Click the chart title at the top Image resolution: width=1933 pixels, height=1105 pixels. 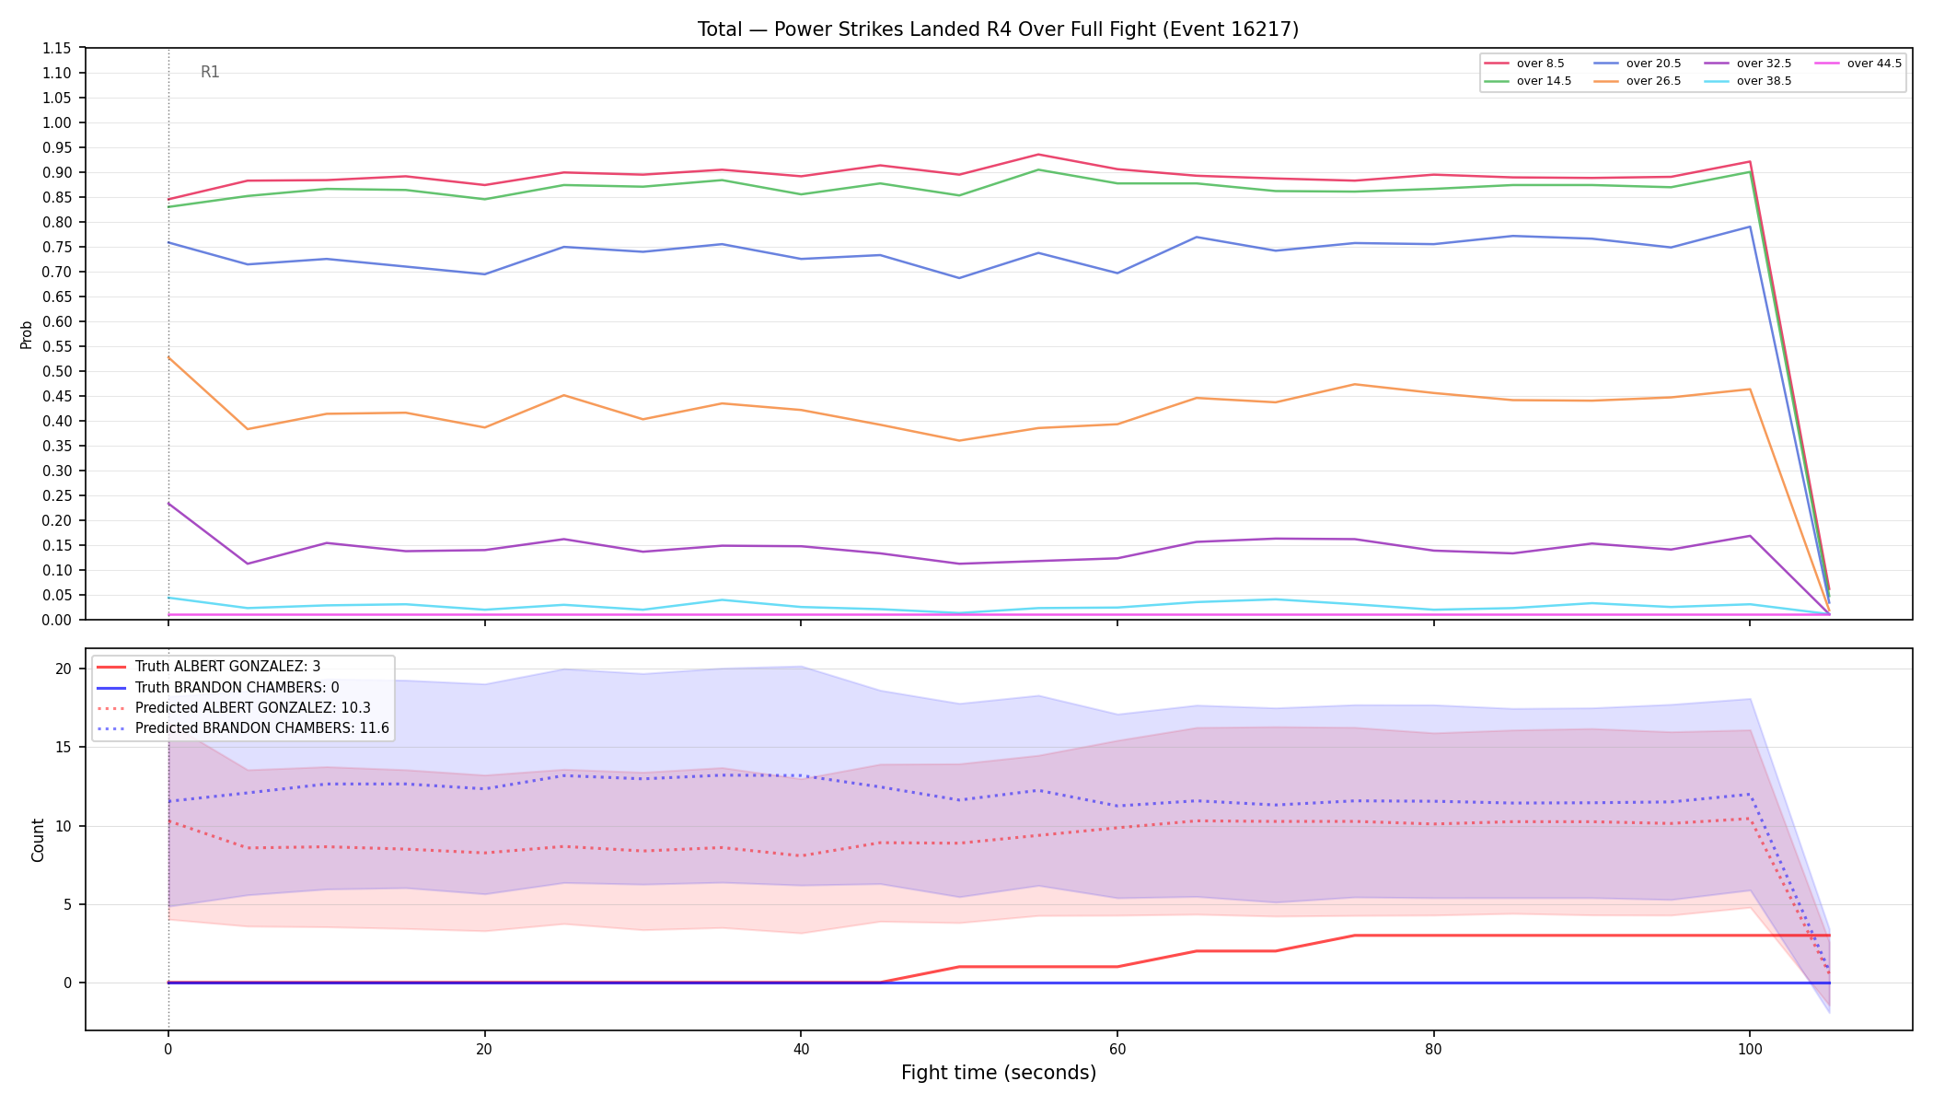tap(998, 29)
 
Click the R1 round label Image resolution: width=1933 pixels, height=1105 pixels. tap(210, 72)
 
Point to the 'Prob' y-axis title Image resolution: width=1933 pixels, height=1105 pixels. tap(26, 334)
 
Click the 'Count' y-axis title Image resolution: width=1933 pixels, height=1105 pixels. tap(38, 840)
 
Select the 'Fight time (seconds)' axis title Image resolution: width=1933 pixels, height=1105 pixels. tap(999, 1073)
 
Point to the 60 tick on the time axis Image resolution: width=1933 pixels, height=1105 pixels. tap(1117, 1049)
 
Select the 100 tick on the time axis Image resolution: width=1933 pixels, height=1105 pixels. tap(1749, 1049)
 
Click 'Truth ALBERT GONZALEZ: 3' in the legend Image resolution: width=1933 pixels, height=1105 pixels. tap(227, 667)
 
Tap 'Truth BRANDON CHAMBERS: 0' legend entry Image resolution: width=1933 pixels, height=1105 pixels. tap(237, 687)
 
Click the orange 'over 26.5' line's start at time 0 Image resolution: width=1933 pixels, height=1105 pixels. tap(168, 357)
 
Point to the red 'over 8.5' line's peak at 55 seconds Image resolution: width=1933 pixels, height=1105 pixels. tap(1038, 155)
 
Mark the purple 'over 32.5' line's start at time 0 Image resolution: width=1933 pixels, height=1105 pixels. tap(168, 503)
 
